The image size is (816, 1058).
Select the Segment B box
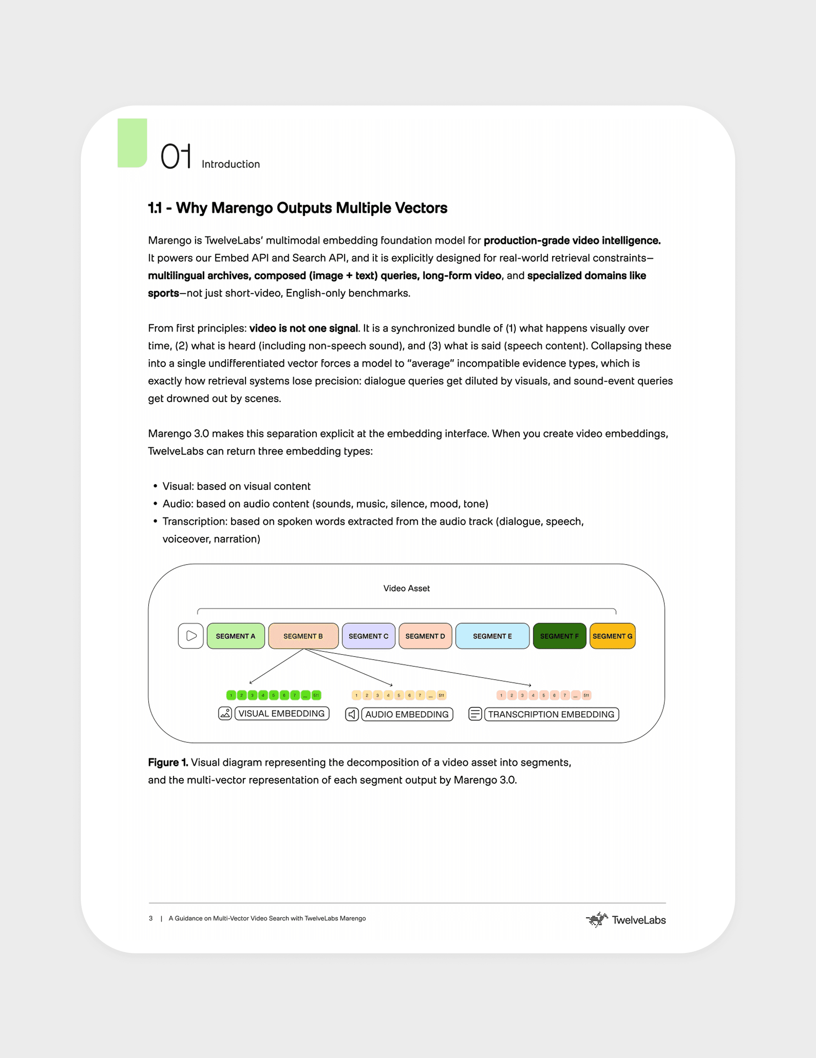[x=303, y=636]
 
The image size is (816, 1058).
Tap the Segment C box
[x=368, y=636]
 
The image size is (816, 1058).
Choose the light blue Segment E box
[x=492, y=636]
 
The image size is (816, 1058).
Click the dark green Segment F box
[x=559, y=636]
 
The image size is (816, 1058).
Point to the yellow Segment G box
[x=612, y=636]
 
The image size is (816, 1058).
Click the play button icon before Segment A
[x=191, y=636]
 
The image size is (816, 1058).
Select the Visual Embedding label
[x=281, y=713]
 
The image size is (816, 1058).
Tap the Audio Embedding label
[x=407, y=714]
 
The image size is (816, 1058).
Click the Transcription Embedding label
[x=551, y=714]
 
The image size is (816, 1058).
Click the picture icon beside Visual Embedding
[x=225, y=713]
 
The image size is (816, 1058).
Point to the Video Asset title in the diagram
[x=406, y=588]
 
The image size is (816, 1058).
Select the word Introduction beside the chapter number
[x=231, y=164]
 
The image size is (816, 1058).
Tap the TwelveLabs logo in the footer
[x=626, y=919]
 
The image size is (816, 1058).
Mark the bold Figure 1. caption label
[x=167, y=762]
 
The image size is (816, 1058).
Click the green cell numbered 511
[x=316, y=695]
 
